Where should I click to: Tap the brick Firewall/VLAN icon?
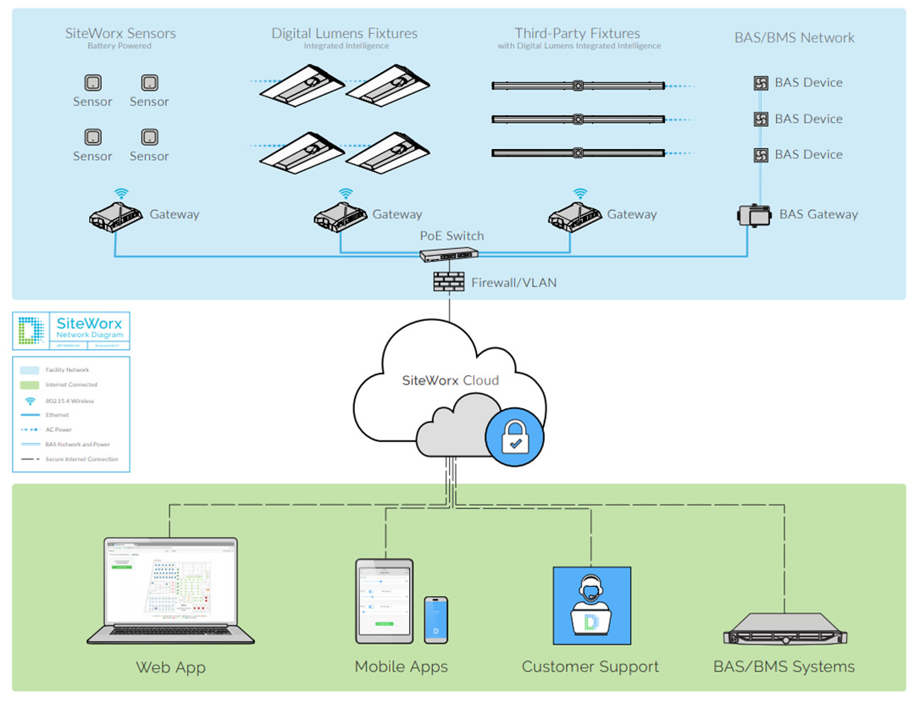[x=449, y=282]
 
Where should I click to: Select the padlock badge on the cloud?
[x=514, y=438]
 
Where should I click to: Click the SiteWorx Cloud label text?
[x=450, y=380]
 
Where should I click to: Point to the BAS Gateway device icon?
[x=754, y=215]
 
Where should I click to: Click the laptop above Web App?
[x=171, y=590]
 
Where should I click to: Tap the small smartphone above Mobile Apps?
[x=435, y=619]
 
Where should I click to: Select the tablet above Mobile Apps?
[x=385, y=600]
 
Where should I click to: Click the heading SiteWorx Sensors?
[x=119, y=34]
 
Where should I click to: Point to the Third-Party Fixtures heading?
[x=578, y=34]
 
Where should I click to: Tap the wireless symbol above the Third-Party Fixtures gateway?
[x=580, y=193]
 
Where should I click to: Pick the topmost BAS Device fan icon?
[x=761, y=83]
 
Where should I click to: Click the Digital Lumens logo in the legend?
[x=32, y=331]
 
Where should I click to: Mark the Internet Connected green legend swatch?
[x=30, y=385]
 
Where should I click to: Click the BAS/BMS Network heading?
[x=795, y=37]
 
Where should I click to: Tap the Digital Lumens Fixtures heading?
[x=344, y=34]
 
